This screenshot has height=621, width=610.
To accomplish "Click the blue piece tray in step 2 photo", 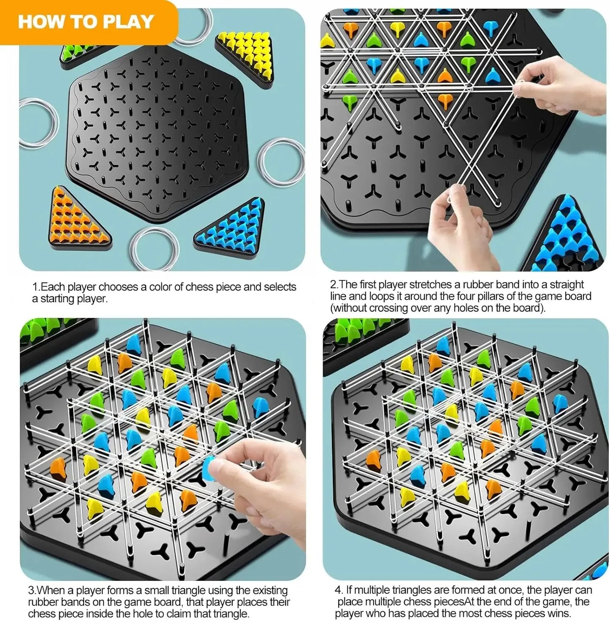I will [x=565, y=236].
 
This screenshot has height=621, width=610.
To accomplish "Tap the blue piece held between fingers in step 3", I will [x=210, y=466].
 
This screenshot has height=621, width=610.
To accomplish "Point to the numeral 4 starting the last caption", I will [x=338, y=590].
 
